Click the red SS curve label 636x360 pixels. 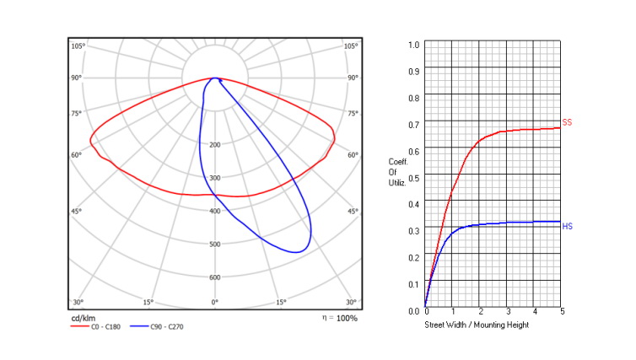567,123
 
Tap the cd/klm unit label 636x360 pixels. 84,318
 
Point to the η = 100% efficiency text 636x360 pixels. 339,318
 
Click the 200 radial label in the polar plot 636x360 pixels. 215,145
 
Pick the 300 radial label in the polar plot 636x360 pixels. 215,178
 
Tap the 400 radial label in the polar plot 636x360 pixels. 215,211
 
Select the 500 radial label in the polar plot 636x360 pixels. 215,244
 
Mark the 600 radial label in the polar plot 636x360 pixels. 215,277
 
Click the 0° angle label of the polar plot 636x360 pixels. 215,302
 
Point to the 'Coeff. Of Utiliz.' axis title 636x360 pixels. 398,171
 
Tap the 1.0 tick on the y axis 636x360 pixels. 413,45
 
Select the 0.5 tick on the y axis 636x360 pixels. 413,178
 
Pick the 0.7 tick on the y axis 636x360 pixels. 413,125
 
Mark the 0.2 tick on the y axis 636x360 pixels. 413,257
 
